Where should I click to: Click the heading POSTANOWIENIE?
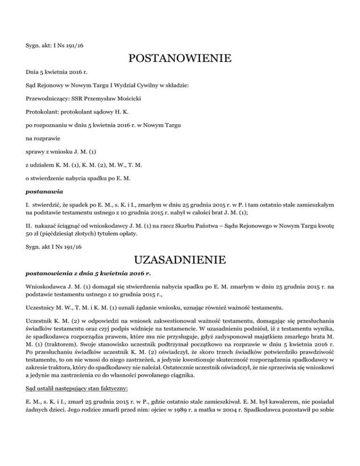click(x=180, y=59)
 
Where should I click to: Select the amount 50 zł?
click(x=31, y=221)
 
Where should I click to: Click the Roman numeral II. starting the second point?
click(x=28, y=212)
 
